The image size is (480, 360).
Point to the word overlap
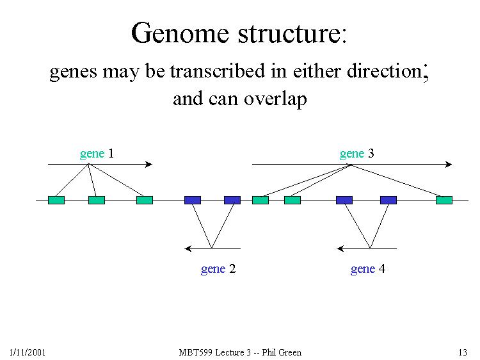276,100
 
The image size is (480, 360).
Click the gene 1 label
97,154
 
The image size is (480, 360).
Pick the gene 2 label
218,269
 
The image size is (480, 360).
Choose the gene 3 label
356,154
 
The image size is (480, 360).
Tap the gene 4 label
367,269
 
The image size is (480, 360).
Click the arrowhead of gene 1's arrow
149,165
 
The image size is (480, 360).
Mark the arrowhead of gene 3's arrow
449,165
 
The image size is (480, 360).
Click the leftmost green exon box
56,200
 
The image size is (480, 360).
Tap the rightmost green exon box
444,200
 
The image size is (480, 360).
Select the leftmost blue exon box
193,200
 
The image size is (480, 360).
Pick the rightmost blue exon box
388,200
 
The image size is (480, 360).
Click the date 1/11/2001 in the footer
27,352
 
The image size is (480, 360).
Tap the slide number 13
463,352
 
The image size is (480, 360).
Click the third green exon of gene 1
145,200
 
